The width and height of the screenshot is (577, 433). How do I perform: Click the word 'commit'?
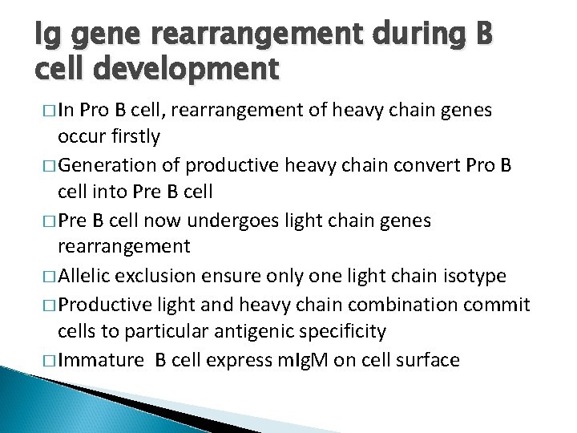(x=502, y=304)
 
